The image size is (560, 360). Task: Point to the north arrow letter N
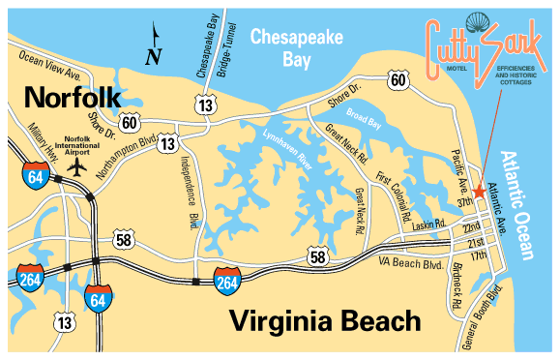(x=152, y=57)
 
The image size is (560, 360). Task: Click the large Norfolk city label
(x=74, y=97)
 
